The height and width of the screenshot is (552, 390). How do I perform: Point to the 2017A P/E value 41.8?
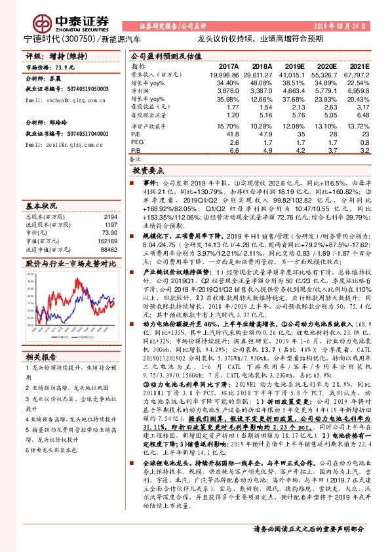click(230, 134)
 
